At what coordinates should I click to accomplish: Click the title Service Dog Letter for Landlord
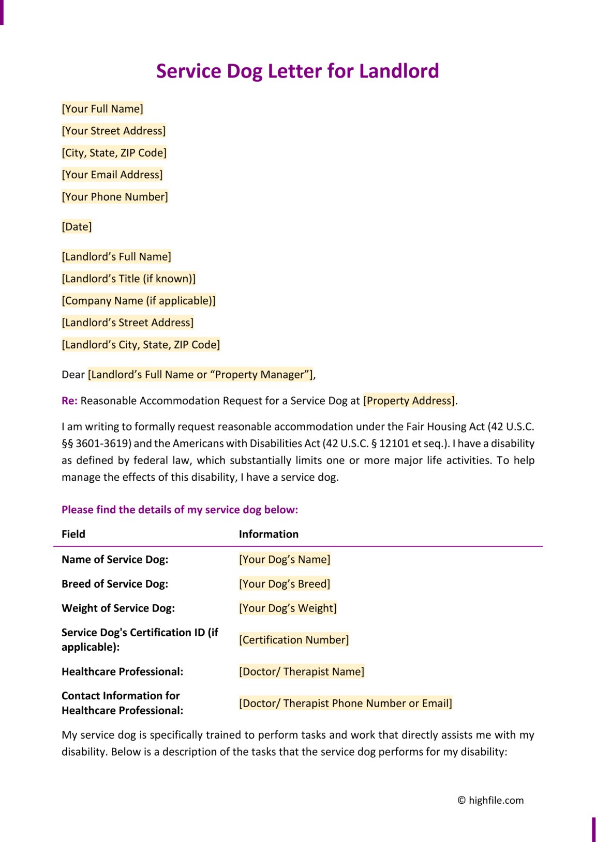297,71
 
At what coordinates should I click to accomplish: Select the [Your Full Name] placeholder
102,109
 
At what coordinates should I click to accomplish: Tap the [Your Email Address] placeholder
112,175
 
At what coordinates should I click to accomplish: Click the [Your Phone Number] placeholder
115,197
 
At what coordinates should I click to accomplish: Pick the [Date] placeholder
77,227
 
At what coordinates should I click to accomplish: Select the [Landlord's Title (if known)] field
129,279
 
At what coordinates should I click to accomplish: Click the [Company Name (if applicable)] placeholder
139,301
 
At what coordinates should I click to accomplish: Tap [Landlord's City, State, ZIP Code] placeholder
141,345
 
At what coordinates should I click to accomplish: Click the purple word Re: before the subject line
69,401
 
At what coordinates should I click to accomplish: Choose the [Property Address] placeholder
409,401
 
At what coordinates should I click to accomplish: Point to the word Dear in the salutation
73,375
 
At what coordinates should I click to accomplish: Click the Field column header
73,534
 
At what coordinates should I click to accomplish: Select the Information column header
269,534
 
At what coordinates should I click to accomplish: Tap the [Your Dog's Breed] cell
285,584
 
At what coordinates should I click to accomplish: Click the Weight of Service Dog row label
118,608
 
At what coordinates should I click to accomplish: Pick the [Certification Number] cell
294,640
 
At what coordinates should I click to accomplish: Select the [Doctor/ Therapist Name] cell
302,671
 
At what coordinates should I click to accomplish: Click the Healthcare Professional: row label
122,671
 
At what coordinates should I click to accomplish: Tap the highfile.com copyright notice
490,800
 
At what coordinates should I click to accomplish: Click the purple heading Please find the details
180,510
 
